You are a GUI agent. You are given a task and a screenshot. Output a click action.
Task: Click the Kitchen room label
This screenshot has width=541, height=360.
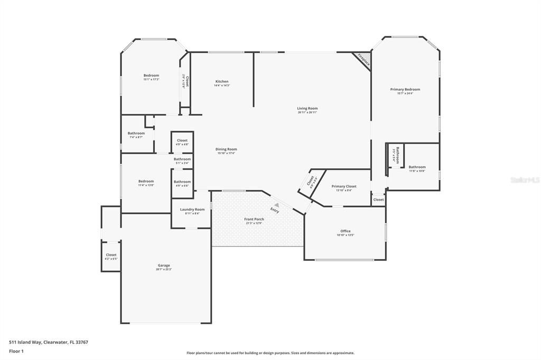coord(222,82)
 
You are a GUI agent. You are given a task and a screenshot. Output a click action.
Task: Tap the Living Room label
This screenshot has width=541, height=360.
coord(307,109)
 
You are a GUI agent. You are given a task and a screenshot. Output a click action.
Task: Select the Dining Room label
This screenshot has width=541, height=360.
coord(226,149)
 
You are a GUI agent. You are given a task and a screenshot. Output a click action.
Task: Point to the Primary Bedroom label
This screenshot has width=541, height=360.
coord(405,90)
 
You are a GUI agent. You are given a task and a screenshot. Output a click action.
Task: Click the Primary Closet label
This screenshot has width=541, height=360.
coord(344,186)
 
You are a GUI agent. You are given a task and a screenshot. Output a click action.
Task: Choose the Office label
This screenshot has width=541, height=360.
coord(346,231)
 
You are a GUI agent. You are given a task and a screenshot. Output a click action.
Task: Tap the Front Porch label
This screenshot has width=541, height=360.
coord(254,219)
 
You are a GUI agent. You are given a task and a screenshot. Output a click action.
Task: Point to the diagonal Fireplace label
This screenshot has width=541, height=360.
coord(363,59)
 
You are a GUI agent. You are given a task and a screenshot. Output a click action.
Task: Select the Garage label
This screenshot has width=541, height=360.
coord(164,266)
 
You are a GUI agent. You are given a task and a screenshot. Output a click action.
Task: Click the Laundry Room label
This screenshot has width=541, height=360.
coord(192,210)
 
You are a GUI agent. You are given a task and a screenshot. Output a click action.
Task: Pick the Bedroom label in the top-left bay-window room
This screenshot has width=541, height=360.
coord(151,75)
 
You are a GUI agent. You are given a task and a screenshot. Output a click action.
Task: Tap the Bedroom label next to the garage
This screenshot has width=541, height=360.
coord(146,181)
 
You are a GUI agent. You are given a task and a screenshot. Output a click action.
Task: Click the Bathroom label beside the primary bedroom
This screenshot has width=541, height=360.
coord(417,167)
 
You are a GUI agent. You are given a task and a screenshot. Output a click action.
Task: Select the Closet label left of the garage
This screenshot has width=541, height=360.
coord(111,255)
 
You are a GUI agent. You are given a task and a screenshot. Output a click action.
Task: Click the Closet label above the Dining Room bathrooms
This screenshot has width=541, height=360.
coord(182,140)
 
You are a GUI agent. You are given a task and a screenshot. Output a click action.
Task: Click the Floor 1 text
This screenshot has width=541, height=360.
coord(16,350)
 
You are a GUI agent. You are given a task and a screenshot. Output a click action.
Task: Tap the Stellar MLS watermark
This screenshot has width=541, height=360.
coord(525,180)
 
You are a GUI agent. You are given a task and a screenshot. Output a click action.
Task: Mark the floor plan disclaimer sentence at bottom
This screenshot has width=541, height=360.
coord(270,353)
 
